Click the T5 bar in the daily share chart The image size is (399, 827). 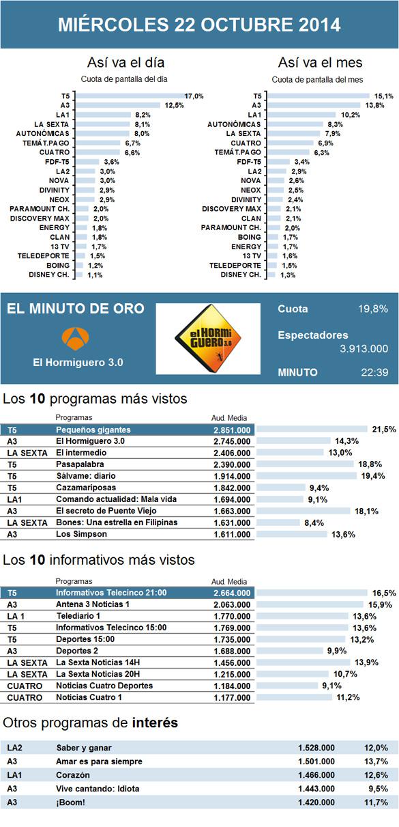(130, 96)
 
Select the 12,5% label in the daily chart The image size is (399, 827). (174, 106)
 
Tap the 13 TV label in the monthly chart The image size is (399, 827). (252, 256)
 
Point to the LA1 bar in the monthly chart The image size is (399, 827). (302, 115)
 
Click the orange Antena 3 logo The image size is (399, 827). (75, 338)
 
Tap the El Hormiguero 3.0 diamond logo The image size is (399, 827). (208, 338)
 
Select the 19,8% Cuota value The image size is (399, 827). (373, 309)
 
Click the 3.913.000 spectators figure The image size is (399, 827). (364, 348)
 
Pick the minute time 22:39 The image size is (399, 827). (374, 372)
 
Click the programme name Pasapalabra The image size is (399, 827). (80, 464)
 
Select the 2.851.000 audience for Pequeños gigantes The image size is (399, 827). (232, 430)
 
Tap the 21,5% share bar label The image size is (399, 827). (384, 430)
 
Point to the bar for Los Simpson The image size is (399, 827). (292, 534)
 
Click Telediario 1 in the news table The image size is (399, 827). (78, 616)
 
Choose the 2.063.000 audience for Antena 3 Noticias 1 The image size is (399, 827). (232, 605)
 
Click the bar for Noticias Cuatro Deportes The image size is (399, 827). (287, 686)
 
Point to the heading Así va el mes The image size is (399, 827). (321, 62)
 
